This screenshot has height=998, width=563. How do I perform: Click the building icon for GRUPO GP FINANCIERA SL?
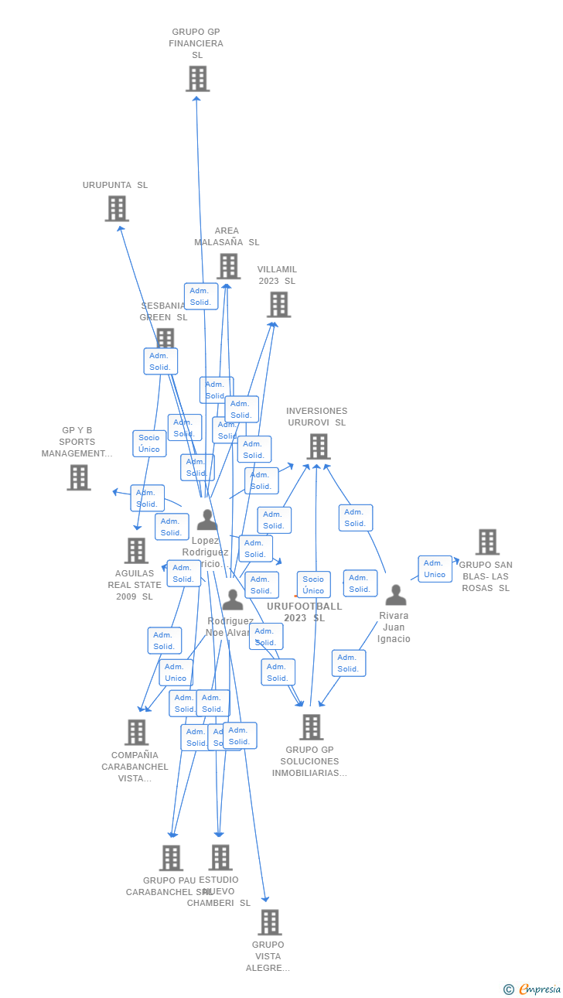click(x=197, y=78)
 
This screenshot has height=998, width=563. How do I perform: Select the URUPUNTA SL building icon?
click(x=117, y=208)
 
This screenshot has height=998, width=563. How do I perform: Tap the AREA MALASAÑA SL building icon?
click(x=228, y=266)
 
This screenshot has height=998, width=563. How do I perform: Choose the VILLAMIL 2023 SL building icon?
click(x=278, y=305)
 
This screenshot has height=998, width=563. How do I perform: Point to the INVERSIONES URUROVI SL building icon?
click(x=318, y=446)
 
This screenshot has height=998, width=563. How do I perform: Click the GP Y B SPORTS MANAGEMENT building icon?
click(x=78, y=477)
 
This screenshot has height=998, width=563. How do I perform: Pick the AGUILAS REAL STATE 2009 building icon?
click(x=136, y=551)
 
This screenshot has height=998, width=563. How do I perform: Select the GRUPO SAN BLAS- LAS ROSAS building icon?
click(x=487, y=542)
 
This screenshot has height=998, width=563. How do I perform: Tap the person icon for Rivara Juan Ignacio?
click(x=396, y=595)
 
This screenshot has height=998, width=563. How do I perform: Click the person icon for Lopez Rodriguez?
click(x=206, y=520)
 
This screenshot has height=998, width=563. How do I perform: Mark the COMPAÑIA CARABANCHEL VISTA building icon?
click(x=136, y=732)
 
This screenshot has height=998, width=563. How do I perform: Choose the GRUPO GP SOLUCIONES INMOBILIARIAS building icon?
click(x=311, y=727)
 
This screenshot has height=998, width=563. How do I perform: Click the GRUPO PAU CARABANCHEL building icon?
click(x=171, y=857)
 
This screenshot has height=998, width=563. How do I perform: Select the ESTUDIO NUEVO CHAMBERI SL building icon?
click(x=220, y=857)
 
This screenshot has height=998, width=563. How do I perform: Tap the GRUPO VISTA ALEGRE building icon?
click(x=269, y=922)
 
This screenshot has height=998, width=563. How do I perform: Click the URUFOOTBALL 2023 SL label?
click(x=304, y=612)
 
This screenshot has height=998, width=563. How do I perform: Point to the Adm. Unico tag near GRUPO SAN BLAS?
click(x=435, y=569)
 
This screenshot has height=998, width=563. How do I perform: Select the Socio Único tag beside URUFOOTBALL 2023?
click(x=313, y=585)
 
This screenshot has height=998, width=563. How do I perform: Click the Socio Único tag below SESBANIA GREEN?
click(x=149, y=443)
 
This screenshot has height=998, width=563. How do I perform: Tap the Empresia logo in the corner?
click(x=534, y=989)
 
